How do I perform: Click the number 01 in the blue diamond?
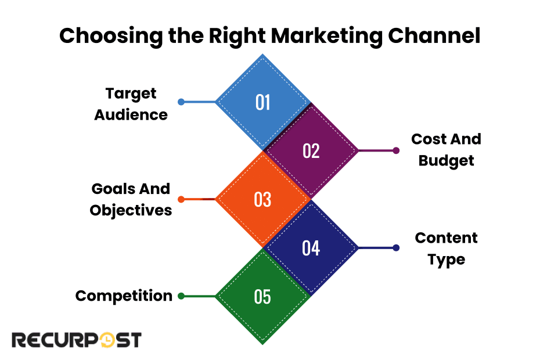tap(263, 103)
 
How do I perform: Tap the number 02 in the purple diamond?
tap(311, 151)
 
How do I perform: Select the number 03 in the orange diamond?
tap(263, 200)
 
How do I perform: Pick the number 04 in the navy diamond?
tap(311, 249)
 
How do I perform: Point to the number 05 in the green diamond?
tap(263, 297)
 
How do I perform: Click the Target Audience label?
tap(131, 104)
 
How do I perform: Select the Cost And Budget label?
tap(446, 150)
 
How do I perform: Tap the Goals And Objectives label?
tap(131, 199)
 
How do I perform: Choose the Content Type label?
tap(446, 248)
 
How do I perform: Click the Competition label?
tap(124, 296)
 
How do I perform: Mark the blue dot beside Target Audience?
tap(181, 102)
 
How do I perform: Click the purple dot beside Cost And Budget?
tap(396, 150)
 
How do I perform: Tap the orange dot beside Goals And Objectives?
tap(181, 199)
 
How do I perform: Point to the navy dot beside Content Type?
tap(396, 248)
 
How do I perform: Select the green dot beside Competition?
tap(181, 296)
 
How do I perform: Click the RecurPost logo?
tap(77, 340)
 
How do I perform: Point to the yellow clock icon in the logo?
tap(108, 340)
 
